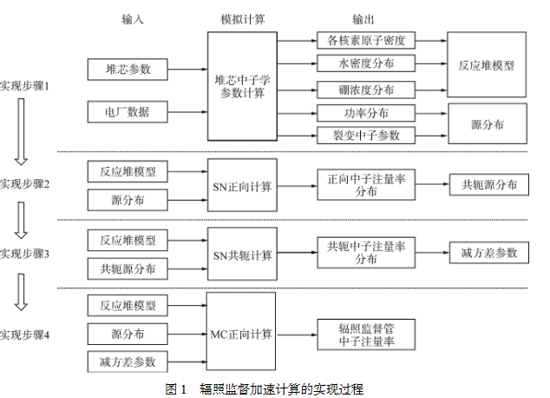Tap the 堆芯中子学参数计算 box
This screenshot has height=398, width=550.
[242, 85]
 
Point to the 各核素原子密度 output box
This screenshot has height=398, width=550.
[366, 41]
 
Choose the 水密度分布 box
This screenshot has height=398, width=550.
[366, 63]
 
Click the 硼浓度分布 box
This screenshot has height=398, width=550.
[366, 89]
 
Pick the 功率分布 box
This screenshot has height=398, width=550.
[366, 113]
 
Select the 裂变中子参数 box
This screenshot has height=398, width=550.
[366, 135]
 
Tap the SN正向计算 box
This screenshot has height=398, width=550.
[242, 184]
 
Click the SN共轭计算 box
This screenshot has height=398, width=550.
[242, 255]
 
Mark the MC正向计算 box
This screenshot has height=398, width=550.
[242, 333]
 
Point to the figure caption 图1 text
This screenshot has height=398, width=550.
[264, 388]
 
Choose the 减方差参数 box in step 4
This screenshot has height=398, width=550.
[128, 361]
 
